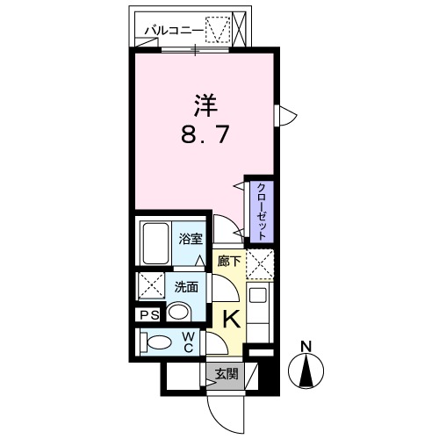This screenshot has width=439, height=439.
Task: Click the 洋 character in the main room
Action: [205, 105]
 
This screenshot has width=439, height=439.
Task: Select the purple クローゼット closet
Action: [261, 210]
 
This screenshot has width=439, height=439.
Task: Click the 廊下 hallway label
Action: [228, 261]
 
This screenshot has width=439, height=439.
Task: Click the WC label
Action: [188, 341]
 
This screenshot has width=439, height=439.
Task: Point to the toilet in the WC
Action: [159, 342]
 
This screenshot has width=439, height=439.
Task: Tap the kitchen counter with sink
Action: [260, 307]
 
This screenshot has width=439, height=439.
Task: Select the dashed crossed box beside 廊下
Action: [260, 263]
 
